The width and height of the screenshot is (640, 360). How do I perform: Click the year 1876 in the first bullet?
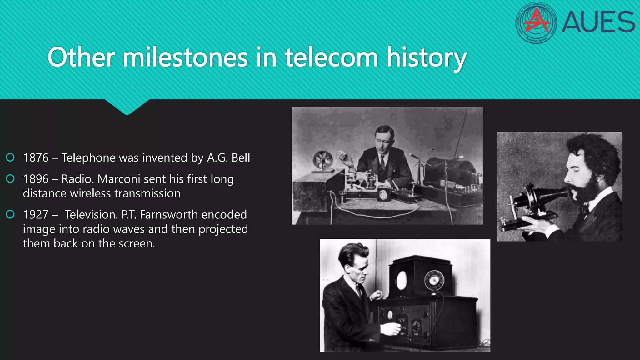36,158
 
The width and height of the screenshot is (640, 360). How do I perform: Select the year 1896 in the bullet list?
36,179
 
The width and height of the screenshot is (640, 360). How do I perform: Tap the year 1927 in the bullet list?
36,215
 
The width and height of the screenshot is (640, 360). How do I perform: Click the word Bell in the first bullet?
241,158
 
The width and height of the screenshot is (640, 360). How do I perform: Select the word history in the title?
427,58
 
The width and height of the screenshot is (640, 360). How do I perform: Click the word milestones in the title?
185,58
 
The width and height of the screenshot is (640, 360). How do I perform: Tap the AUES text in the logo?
598,22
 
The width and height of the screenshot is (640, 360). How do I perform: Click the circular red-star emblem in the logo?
536,22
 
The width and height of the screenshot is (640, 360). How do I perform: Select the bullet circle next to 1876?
10,157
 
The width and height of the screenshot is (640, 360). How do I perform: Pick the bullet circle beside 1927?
10,214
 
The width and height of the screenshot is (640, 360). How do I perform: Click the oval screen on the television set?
401,280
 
